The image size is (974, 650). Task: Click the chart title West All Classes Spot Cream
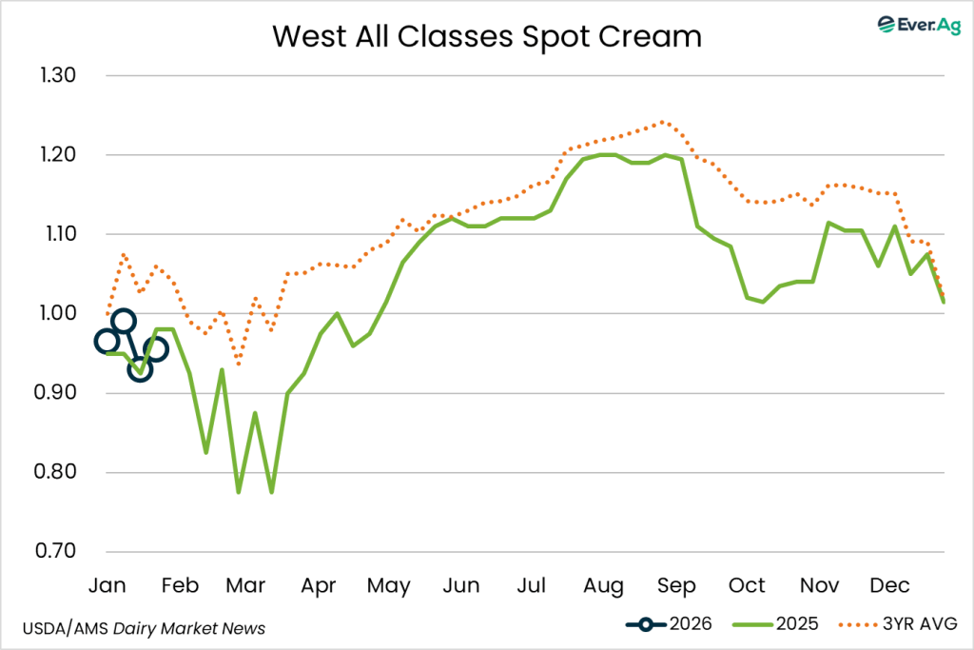pyautogui.click(x=486, y=36)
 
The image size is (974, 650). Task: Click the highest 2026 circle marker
pyautogui.click(x=124, y=321)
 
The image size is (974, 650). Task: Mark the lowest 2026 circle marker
pyautogui.click(x=140, y=369)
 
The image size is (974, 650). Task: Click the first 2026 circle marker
pyautogui.click(x=107, y=341)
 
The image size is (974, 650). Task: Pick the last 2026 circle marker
pyautogui.click(x=156, y=349)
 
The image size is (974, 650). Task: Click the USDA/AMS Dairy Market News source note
pyautogui.click(x=143, y=628)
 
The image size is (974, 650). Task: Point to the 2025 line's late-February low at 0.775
pyautogui.click(x=239, y=491)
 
